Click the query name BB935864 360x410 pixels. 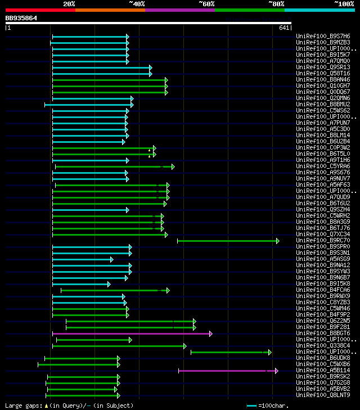point(21,18)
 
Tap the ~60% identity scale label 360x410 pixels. point(206,4)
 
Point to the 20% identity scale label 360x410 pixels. point(69,4)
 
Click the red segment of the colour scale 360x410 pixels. point(40,10)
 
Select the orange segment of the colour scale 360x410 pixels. point(110,10)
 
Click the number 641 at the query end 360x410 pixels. point(284,28)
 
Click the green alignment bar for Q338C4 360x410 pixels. point(119,346)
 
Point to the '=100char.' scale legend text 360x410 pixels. point(272,406)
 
